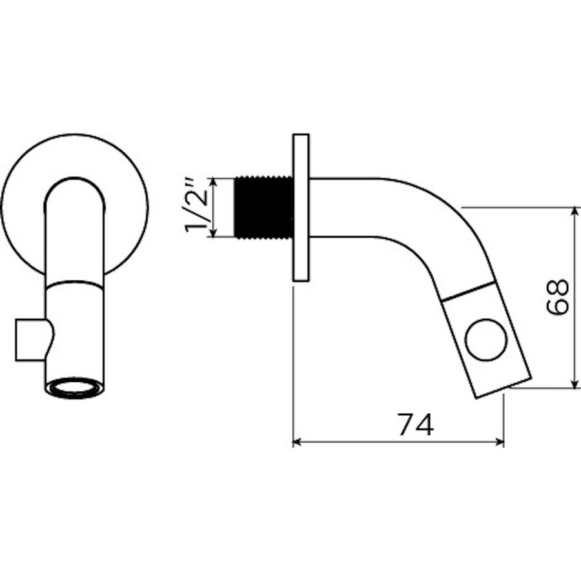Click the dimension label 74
click(x=415, y=425)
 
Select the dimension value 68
click(x=556, y=298)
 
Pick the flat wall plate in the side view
click(x=301, y=208)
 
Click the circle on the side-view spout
click(x=485, y=340)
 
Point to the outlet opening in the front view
click(x=75, y=388)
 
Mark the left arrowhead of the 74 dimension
click(x=298, y=442)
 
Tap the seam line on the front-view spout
click(x=75, y=283)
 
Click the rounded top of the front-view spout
click(x=75, y=184)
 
